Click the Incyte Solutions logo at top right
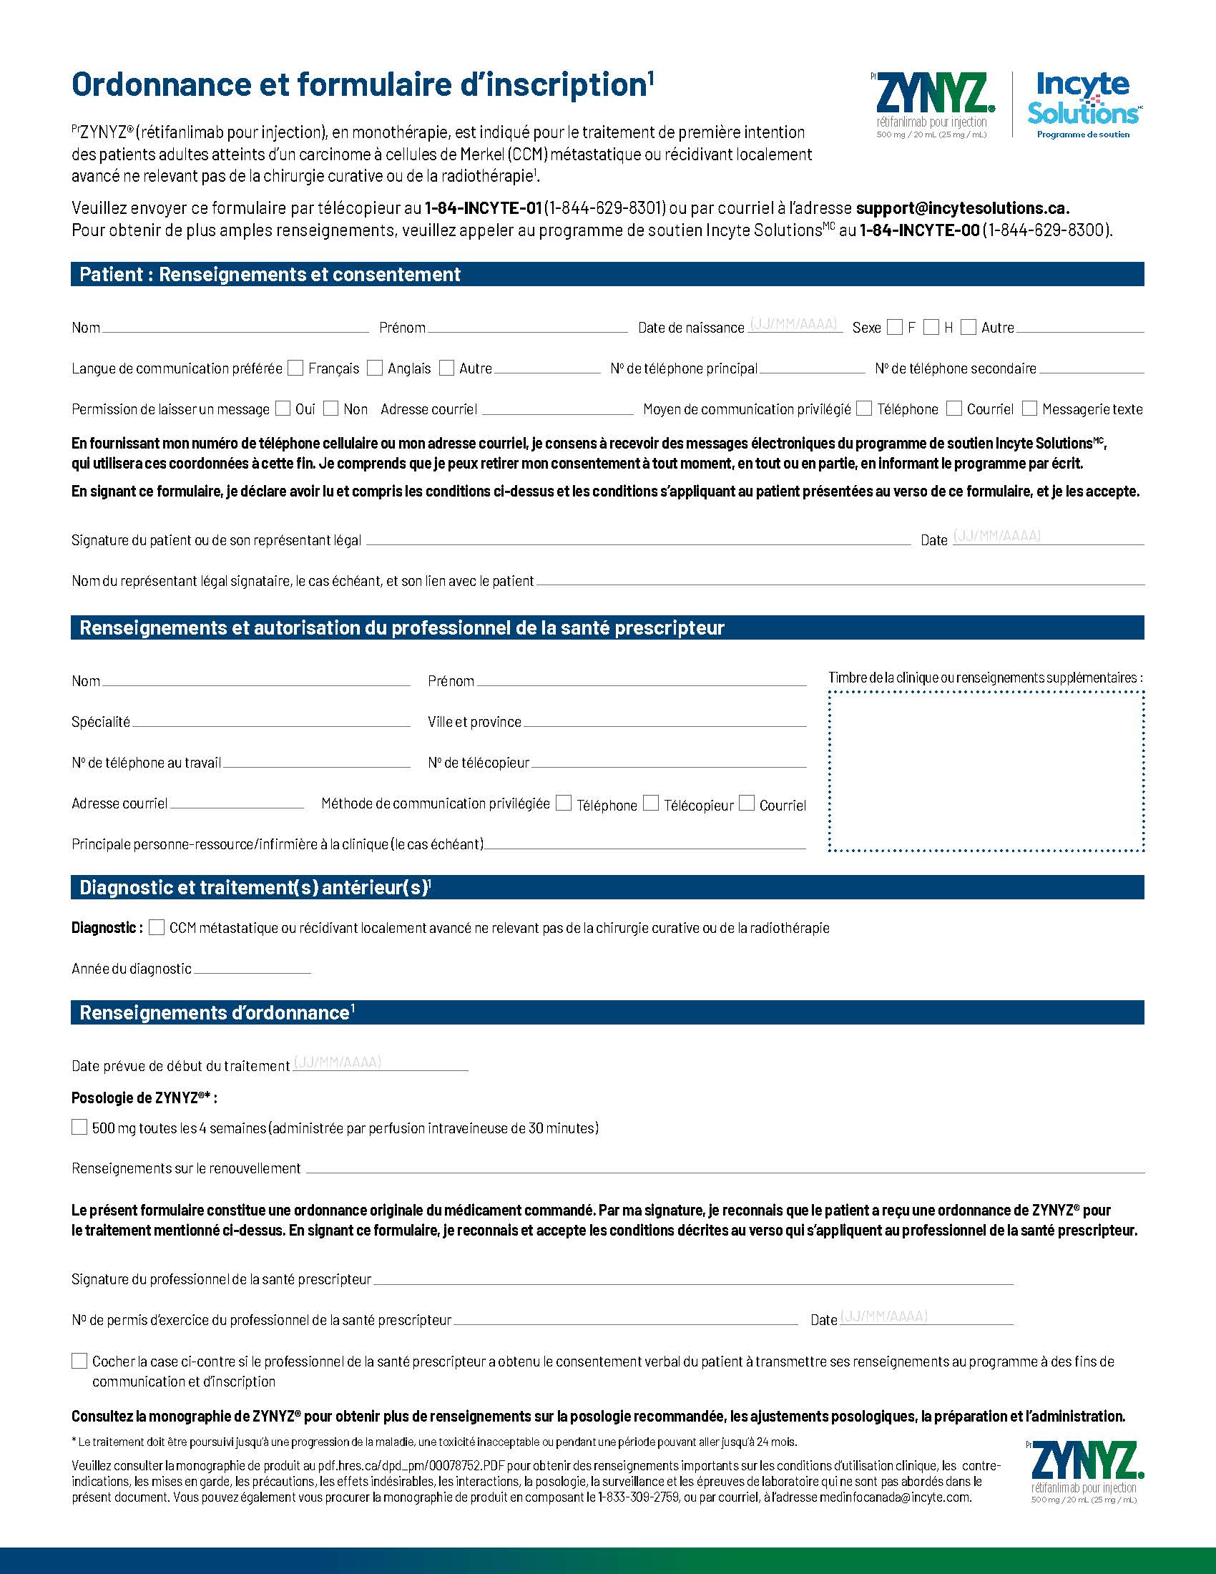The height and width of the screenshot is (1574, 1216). click(x=1084, y=105)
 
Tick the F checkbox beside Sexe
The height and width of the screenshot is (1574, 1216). click(x=895, y=327)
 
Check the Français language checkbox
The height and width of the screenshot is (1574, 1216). click(x=295, y=368)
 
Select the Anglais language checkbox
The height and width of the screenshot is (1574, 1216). click(x=375, y=368)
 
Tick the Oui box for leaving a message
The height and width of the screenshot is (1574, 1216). click(x=283, y=409)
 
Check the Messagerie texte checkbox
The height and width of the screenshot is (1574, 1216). click(x=1030, y=409)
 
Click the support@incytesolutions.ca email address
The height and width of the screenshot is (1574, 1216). click(x=962, y=208)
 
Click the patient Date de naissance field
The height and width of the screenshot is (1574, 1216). click(x=794, y=326)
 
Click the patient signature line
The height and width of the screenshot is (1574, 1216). click(x=638, y=539)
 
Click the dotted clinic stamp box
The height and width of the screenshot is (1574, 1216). click(x=986, y=771)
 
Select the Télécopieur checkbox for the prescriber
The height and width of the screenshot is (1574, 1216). click(x=651, y=803)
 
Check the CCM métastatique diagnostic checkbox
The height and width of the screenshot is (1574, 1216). click(x=157, y=927)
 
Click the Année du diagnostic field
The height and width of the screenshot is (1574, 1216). click(x=252, y=969)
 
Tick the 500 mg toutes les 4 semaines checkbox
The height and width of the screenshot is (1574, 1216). click(x=79, y=1127)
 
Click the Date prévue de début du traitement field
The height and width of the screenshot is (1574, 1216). click(x=381, y=1065)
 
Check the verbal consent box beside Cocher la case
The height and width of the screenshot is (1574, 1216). click(x=79, y=1361)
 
